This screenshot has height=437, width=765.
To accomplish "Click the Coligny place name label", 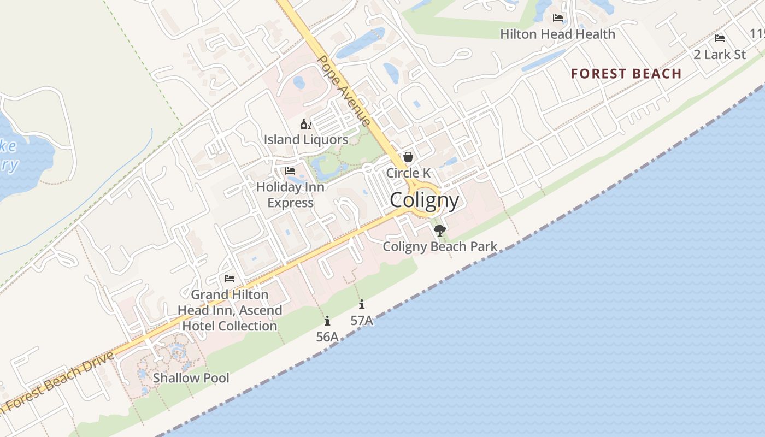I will pos(425,200).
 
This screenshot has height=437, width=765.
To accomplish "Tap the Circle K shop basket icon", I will pos(408,157).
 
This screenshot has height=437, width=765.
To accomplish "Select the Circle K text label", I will pos(408,173).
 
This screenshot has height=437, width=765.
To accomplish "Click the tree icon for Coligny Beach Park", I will pos(439,231).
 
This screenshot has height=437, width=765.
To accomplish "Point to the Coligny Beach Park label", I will pos(440,246).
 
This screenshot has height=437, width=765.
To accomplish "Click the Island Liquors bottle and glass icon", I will pos(306,124).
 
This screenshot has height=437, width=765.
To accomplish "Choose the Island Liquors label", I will pos(306,140).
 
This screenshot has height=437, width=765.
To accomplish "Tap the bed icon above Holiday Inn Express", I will pos(290,171).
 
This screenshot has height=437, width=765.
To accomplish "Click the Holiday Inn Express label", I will pos(290,194).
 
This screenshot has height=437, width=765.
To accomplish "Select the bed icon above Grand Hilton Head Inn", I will pos(229,279).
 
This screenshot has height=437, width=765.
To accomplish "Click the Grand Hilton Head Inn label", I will pos(229,310).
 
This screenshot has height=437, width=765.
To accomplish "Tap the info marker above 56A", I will pos(327,321).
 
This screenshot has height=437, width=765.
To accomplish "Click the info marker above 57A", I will pos(361,305).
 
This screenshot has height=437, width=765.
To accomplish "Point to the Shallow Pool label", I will pos(191,378).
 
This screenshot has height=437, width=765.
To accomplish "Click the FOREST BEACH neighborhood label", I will pos(626,74).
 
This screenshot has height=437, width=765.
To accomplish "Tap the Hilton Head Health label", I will pos(557,34).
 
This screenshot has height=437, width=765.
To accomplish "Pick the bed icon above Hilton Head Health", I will pos(558,18).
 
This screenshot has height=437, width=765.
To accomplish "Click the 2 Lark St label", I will pos(720,55).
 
